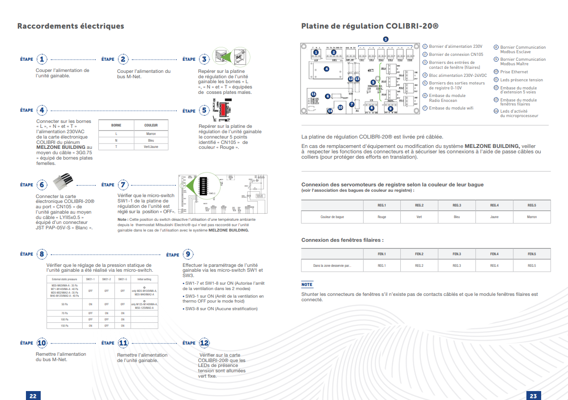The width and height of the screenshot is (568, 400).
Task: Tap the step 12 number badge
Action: [204, 343]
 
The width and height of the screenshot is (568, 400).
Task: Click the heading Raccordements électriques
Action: [71, 26]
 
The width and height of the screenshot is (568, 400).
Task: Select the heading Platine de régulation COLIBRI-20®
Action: [370, 26]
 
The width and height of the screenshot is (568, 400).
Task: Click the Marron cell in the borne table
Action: [151, 134]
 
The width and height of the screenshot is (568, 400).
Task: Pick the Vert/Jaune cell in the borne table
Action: [151, 147]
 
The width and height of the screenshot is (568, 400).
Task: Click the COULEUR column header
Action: [151, 125]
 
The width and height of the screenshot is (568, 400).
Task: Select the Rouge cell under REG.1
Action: [381, 217]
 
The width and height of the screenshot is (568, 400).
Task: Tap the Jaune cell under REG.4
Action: [494, 217]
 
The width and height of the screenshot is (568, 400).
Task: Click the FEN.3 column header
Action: [457, 254]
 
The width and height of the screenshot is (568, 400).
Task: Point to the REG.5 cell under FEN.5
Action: [532, 265]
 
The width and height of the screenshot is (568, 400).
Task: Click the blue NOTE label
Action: [307, 285]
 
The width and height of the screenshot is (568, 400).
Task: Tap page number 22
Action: [33, 396]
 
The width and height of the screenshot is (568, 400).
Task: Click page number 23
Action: [533, 396]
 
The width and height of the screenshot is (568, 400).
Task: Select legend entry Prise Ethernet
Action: [513, 72]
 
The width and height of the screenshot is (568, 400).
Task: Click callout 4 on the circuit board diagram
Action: [326, 69]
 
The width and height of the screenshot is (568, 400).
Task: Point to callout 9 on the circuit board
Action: [390, 108]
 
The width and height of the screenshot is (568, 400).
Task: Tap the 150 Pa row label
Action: [64, 325]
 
